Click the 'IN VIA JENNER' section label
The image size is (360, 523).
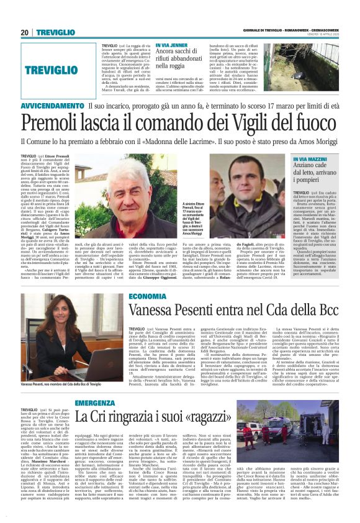pyautogui.click(x=173, y=46)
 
